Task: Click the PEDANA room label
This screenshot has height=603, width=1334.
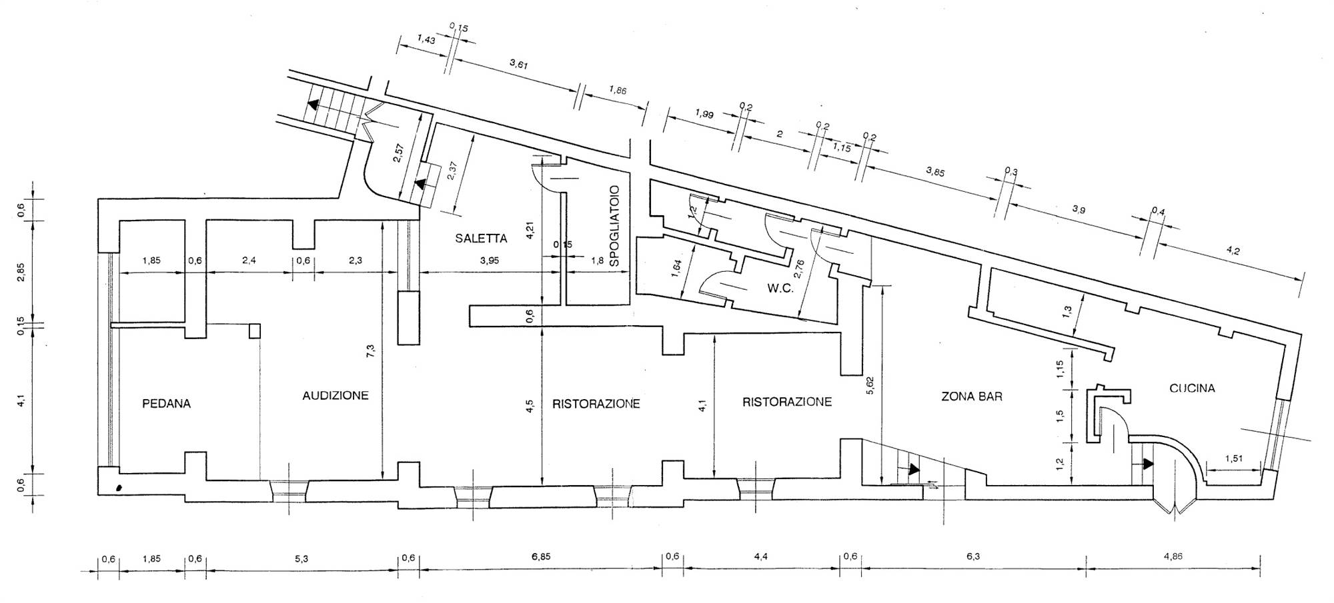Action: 166,404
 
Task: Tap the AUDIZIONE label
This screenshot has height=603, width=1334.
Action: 335,396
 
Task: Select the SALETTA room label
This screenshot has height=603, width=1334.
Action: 481,239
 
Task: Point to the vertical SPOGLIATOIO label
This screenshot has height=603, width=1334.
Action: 615,226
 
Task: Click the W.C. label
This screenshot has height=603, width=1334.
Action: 779,289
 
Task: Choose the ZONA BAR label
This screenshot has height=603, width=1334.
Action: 971,396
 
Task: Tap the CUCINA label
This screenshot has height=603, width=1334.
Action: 1192,388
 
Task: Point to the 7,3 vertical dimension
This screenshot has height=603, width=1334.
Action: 372,351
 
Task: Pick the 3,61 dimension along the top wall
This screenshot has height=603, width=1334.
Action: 518,64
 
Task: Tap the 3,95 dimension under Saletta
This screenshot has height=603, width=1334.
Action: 489,261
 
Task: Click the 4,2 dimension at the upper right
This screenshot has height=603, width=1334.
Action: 1232,251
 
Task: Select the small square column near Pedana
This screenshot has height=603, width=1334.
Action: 254,331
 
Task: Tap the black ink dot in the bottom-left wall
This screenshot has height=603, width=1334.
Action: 119,488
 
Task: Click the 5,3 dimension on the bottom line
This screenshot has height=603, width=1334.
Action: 301,560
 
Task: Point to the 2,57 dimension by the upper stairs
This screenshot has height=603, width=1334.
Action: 398,160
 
